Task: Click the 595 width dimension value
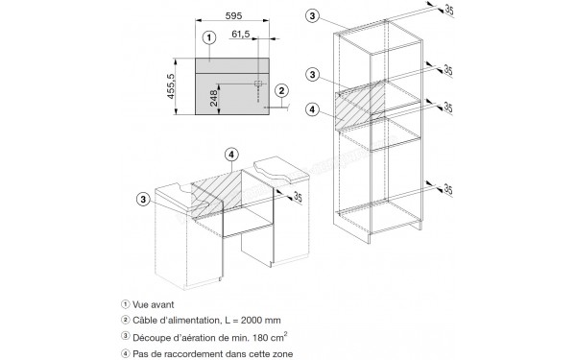[x=233, y=15]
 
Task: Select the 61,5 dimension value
[x=241, y=35]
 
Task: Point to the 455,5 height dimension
[x=171, y=86]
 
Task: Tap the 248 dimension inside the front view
[x=214, y=98]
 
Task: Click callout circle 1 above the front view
[x=209, y=37]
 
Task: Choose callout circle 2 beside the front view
[x=281, y=91]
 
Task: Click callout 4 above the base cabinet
[x=231, y=155]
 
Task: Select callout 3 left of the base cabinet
[x=143, y=200]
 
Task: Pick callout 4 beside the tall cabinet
[x=312, y=109]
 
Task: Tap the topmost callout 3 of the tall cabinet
[x=312, y=15]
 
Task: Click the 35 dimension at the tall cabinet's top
[x=449, y=10]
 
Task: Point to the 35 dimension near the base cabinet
[x=298, y=197]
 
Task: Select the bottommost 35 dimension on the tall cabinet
[x=448, y=189]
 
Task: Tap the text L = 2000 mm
[x=252, y=321]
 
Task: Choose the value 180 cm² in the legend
[x=270, y=337]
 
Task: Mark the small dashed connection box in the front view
[x=258, y=84]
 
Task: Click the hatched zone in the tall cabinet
[x=360, y=106]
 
